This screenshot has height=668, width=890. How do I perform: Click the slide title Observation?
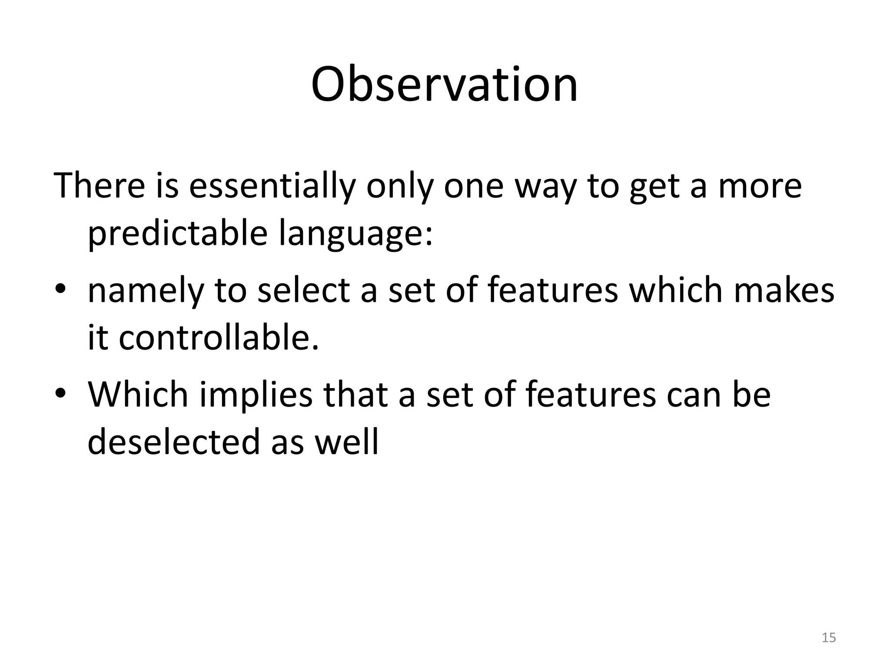(x=444, y=85)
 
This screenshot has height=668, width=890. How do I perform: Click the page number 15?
(x=829, y=638)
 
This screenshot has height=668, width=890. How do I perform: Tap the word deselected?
(x=173, y=441)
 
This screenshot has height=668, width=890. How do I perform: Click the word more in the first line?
(x=760, y=186)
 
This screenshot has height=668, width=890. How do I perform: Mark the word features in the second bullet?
(x=590, y=394)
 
